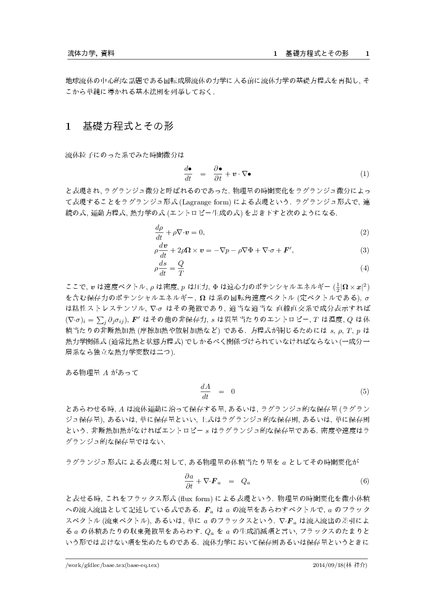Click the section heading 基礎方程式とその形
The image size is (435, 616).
128,126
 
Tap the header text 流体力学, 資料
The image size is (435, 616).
92,54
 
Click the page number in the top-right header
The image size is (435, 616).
367,54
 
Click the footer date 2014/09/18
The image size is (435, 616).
327,565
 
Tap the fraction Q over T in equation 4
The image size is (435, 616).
180,268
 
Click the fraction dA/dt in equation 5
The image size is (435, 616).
205,392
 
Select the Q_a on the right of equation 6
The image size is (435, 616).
245,481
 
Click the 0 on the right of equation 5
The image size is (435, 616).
233,392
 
